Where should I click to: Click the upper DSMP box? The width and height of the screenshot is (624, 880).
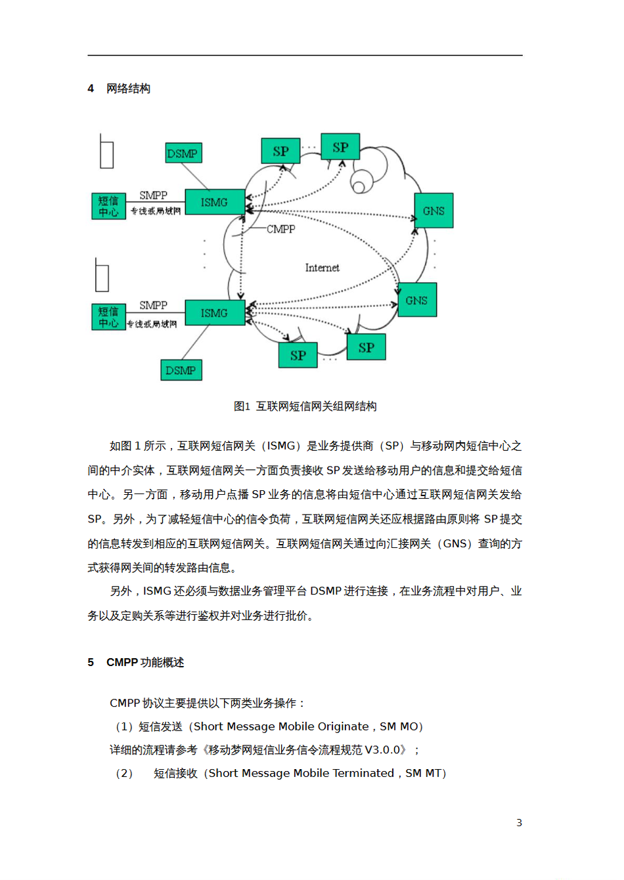[x=183, y=153]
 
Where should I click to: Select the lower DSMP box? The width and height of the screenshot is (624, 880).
[x=181, y=370]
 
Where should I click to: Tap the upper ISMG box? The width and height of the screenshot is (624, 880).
[x=214, y=203]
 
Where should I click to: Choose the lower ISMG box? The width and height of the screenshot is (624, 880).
[x=214, y=313]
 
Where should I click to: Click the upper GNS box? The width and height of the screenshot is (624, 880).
[x=434, y=211]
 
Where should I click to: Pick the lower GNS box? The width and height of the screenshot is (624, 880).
[x=416, y=300]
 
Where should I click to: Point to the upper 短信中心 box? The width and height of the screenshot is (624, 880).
[x=108, y=206]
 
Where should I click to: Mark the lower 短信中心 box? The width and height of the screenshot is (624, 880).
[x=108, y=317]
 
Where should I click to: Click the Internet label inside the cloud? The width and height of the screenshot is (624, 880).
[x=322, y=268]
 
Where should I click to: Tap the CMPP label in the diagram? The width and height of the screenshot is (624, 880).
[x=281, y=229]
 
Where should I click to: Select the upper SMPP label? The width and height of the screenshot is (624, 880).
[x=153, y=195]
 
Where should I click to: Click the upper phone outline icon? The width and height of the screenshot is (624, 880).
[x=106, y=152]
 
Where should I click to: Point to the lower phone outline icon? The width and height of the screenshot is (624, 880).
[x=102, y=276]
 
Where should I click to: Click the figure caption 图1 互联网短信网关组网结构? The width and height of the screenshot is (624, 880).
[x=305, y=406]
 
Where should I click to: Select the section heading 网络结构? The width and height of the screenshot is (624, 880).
[x=128, y=89]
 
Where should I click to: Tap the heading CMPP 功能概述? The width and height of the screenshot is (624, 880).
[x=145, y=662]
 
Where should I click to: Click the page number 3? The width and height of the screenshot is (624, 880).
[x=519, y=822]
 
